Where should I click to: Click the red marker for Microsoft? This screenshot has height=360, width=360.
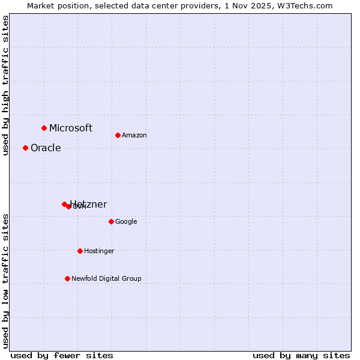point(44,128)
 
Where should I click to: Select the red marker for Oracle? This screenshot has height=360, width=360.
point(25,148)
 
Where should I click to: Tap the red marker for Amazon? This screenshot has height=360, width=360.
point(118,135)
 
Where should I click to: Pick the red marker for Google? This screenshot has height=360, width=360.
point(111,221)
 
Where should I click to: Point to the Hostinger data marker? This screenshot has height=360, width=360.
point(80,251)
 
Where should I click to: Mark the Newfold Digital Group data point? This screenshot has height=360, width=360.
point(67,278)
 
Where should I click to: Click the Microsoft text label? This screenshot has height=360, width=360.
point(71,128)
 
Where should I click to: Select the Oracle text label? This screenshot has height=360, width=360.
point(46,148)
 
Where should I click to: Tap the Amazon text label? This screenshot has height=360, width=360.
point(134,136)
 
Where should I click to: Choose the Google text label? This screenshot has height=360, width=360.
point(126,222)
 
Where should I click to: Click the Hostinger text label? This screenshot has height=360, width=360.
point(99,251)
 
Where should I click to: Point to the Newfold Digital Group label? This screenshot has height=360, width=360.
point(106,278)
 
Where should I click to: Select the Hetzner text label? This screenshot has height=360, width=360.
point(89,205)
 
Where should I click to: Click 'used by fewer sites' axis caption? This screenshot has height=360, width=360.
point(62,355)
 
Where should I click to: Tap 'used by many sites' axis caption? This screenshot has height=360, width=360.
point(301,355)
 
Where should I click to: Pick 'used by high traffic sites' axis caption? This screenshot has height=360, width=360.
point(5,85)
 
